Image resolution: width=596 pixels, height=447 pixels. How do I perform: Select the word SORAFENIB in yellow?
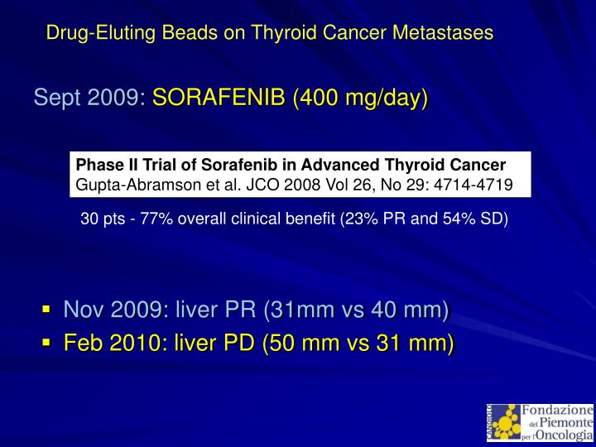[219, 99]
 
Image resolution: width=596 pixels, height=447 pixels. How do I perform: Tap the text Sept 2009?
[89, 99]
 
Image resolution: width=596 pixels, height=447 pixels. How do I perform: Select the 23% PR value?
[380, 219]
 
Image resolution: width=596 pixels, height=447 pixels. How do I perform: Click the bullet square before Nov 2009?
[47, 310]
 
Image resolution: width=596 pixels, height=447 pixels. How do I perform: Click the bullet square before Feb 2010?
[47, 341]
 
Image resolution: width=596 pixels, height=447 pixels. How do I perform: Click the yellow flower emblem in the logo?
[505, 422]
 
